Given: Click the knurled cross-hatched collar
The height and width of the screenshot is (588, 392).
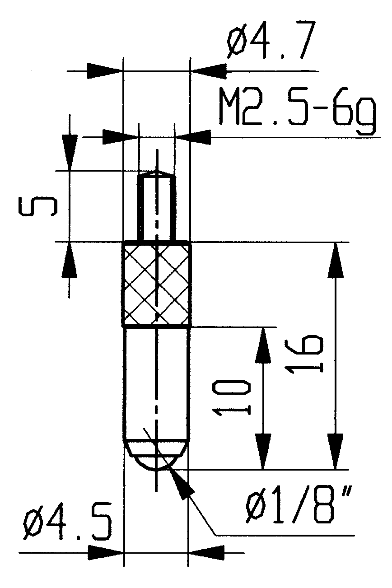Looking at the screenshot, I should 156,285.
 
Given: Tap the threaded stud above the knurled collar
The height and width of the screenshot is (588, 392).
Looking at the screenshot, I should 156,208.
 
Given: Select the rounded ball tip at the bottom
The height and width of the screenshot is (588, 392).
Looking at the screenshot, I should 156,456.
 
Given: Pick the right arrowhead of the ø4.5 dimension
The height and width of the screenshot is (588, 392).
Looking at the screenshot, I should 205,552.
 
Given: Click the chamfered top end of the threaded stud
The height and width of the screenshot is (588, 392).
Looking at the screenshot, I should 156,174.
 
